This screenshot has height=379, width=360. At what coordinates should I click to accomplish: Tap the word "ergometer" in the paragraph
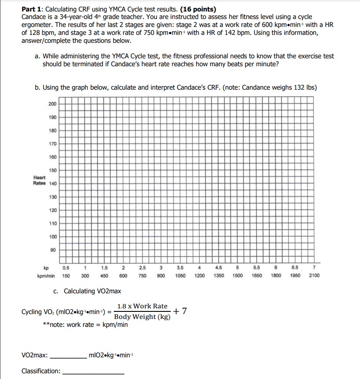[x=37, y=25]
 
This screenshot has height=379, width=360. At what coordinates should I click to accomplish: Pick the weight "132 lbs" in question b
[x=305, y=87]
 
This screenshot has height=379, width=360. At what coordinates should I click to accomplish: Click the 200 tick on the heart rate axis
[x=52, y=103]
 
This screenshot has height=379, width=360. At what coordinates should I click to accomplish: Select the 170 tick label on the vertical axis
[x=52, y=143]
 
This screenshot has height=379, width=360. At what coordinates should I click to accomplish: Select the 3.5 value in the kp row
[x=180, y=268]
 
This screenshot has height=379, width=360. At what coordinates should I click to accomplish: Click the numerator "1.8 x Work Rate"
[x=142, y=306]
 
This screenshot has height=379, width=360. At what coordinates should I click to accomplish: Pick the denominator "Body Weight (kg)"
[x=142, y=317]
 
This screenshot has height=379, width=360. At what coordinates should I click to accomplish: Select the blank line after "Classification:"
[x=94, y=372]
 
